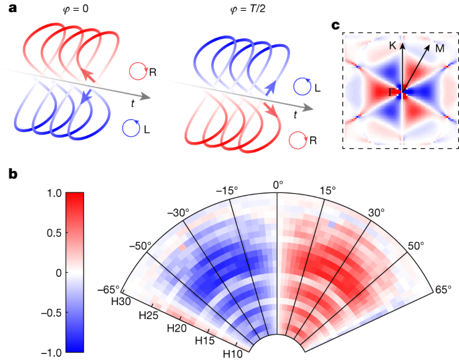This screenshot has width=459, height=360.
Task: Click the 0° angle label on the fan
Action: coord(277,183)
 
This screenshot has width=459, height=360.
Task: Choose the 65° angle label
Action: coord(444,289)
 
